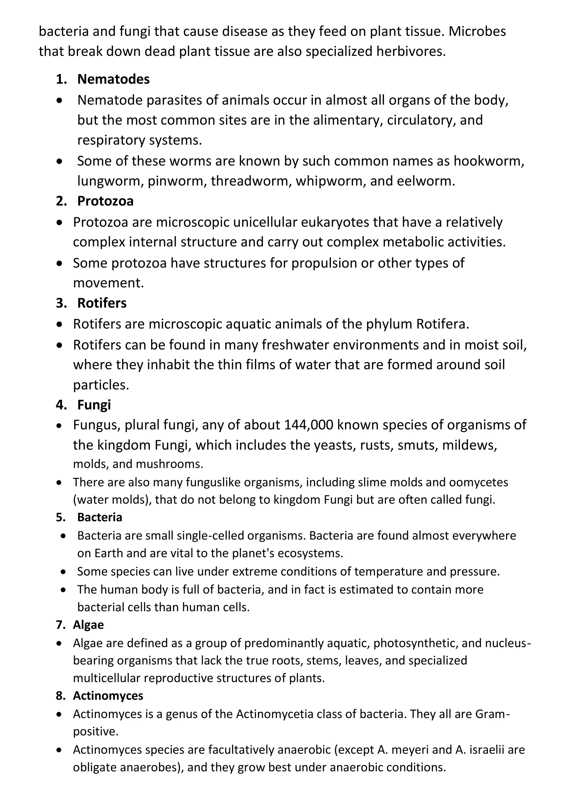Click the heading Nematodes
(x=113, y=80)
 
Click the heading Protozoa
(x=105, y=201)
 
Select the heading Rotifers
(x=102, y=303)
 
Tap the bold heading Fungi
(x=94, y=405)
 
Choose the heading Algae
(x=88, y=625)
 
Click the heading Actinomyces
(x=108, y=696)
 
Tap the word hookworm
(x=488, y=161)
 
